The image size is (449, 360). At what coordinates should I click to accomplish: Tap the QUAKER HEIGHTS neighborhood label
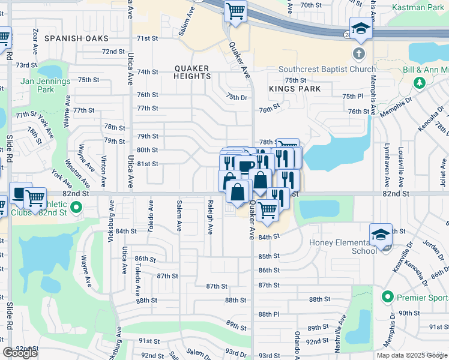click(x=192, y=72)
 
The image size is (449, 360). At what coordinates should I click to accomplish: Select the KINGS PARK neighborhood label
click(x=294, y=89)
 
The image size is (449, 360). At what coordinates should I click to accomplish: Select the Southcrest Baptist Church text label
click(x=327, y=70)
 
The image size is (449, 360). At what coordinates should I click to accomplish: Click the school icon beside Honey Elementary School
click(x=381, y=235)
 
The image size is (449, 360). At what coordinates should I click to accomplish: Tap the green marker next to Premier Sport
click(x=388, y=297)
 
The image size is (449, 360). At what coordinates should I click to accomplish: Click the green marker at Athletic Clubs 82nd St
click(x=76, y=208)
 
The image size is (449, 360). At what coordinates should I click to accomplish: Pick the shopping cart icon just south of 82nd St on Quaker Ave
click(x=267, y=211)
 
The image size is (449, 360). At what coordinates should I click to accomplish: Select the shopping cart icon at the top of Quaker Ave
click(x=235, y=11)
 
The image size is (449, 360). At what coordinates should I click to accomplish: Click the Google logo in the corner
click(x=20, y=353)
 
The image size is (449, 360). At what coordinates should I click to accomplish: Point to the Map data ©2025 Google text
click(x=411, y=355)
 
